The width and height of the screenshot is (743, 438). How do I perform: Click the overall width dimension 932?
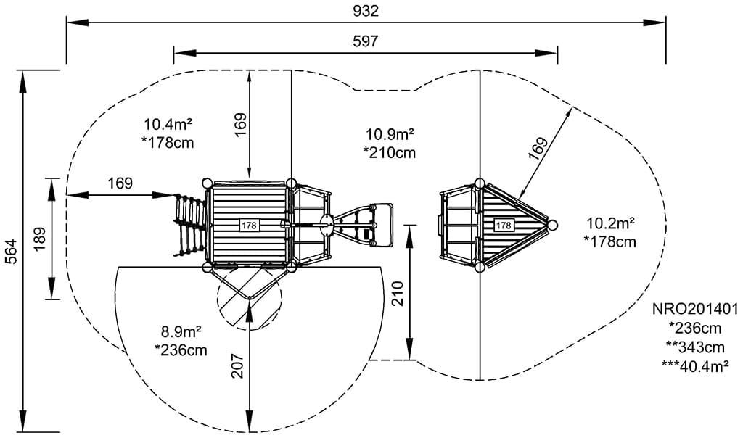(x=366, y=11)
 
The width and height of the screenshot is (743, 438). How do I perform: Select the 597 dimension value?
(x=366, y=41)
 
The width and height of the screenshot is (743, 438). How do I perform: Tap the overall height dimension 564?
(x=9, y=251)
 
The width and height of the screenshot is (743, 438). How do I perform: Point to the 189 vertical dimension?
(x=39, y=238)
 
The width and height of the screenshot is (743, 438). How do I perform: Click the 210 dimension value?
(x=397, y=293)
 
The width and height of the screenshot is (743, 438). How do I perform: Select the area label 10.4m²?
(x=168, y=124)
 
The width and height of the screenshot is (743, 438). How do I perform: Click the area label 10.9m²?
(x=390, y=134)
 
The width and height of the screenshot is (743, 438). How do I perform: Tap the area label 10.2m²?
(x=611, y=223)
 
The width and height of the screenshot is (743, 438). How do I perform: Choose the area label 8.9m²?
(x=181, y=333)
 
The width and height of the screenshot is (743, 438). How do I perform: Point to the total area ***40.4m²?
(x=696, y=366)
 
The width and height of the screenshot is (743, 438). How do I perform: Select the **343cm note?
(x=696, y=347)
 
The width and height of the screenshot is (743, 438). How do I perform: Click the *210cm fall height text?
(x=390, y=152)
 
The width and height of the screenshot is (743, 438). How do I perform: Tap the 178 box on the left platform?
(x=249, y=226)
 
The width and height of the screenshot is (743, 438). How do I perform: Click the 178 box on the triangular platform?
(x=504, y=226)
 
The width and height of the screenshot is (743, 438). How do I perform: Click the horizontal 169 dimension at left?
(x=120, y=183)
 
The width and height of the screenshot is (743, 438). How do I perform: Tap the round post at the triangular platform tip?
(x=553, y=226)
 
